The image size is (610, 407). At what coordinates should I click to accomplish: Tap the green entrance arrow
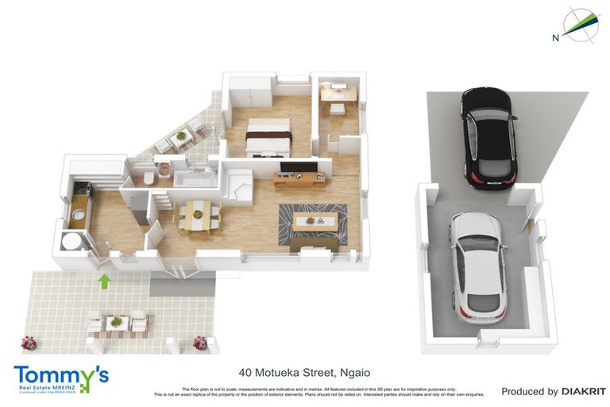pos(102,280)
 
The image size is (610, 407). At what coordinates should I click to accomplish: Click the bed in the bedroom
pos(266,138)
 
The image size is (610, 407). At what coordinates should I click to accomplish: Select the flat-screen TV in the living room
pos(299,168)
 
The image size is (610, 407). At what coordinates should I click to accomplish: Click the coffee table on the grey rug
pos(315,223)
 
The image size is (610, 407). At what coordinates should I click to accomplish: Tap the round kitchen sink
pos(79,213)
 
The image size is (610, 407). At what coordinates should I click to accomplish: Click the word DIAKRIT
pos(584,391)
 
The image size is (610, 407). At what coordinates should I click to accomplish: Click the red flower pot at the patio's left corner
pos(29,343)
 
